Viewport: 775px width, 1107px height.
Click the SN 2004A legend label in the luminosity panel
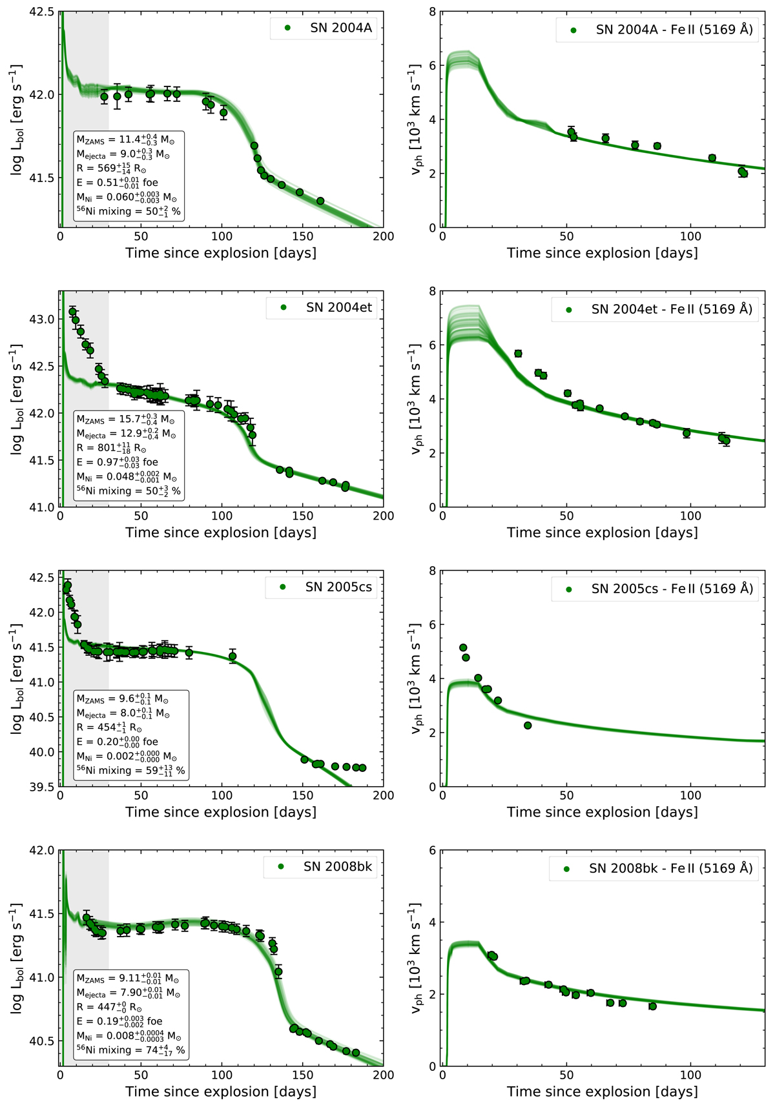(340, 28)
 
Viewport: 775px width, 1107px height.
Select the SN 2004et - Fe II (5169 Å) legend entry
(672, 309)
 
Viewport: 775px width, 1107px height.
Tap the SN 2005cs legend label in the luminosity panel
(338, 587)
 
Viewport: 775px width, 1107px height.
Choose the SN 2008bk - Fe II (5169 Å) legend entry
(670, 868)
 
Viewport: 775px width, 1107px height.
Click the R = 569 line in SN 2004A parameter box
(111, 168)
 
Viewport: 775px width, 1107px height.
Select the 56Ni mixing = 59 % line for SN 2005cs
(130, 770)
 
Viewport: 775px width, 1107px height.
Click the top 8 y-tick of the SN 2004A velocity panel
(432, 12)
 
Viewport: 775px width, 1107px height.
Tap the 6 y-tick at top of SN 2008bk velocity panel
(432, 850)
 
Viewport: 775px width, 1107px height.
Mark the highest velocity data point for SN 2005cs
(463, 647)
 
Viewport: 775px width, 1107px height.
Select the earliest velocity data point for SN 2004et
(518, 354)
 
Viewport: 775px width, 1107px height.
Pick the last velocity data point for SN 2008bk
(653, 1006)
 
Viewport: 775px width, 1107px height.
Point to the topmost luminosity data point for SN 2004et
(72, 312)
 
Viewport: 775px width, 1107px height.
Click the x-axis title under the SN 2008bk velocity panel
(602, 1092)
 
